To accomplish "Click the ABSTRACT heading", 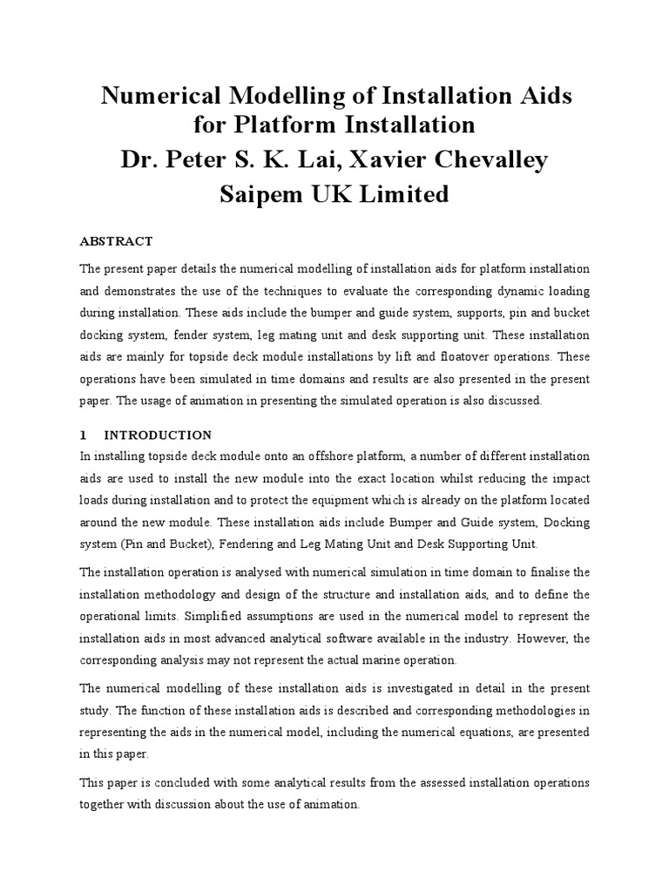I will tap(116, 240).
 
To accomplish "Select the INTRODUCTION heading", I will tap(158, 434).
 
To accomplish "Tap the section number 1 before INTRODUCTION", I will tap(83, 434).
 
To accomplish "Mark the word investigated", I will tap(409, 686).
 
